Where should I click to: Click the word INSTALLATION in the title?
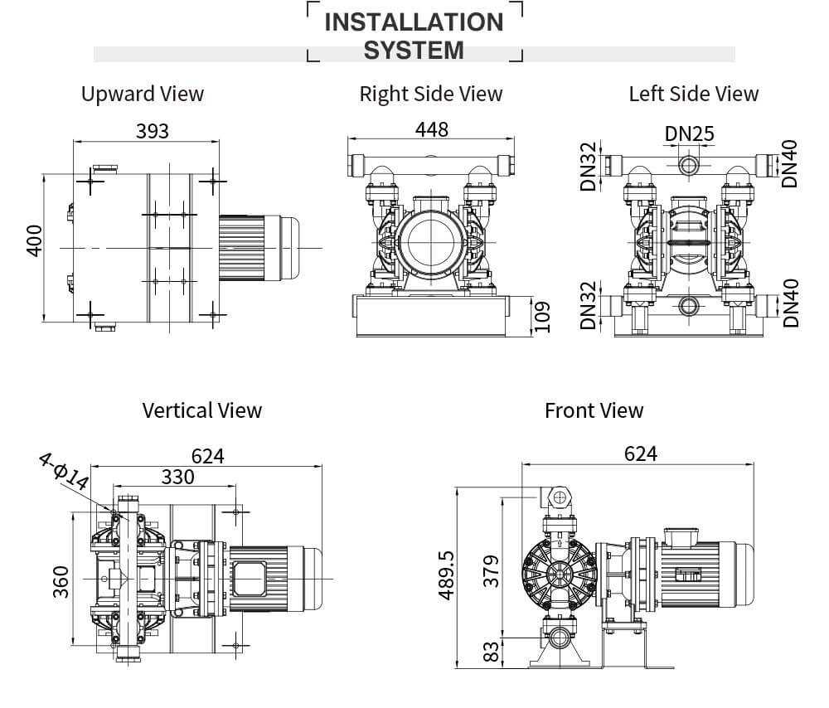click(414, 22)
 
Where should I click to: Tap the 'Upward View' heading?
click(142, 94)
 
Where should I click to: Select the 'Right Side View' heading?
click(430, 94)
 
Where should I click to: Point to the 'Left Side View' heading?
click(693, 94)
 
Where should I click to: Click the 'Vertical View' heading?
click(201, 410)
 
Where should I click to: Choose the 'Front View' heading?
click(594, 410)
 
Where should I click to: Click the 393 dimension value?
click(152, 131)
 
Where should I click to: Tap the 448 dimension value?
click(431, 129)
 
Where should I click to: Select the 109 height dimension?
click(542, 316)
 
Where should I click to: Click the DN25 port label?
click(689, 133)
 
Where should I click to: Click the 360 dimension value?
click(61, 582)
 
